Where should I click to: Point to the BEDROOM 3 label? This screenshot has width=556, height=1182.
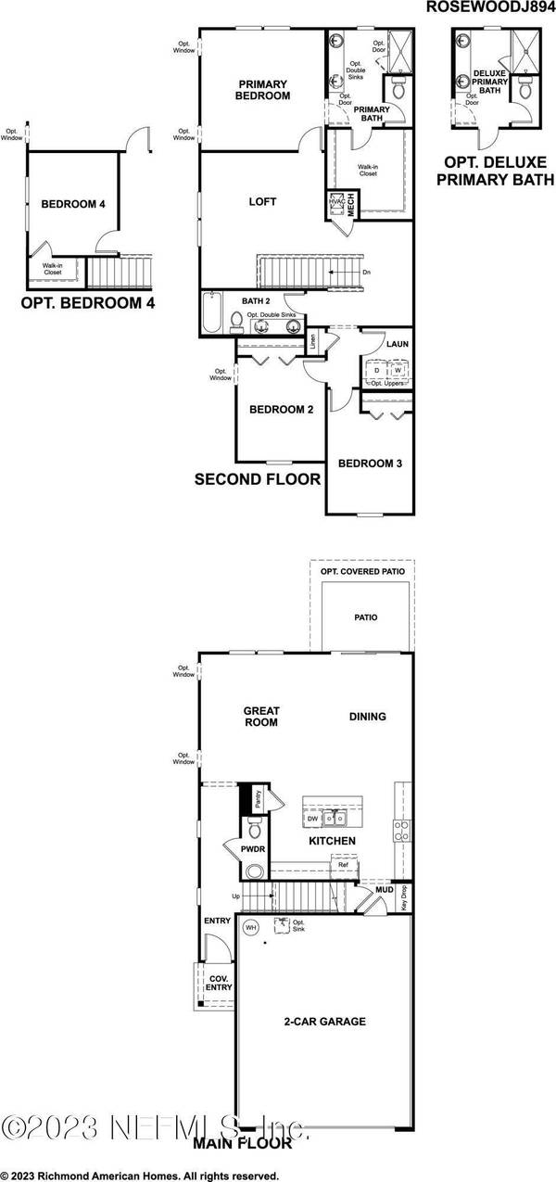369,464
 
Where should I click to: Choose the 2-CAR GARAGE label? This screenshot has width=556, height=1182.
324,1022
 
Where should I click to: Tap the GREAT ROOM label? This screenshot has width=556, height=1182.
261,717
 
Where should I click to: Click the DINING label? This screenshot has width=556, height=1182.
367,716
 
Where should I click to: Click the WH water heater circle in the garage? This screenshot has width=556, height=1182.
250,926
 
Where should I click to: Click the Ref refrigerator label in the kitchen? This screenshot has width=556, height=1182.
343,865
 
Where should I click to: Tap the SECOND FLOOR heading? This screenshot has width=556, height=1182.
258,479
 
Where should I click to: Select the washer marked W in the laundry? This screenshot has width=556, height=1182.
398,369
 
